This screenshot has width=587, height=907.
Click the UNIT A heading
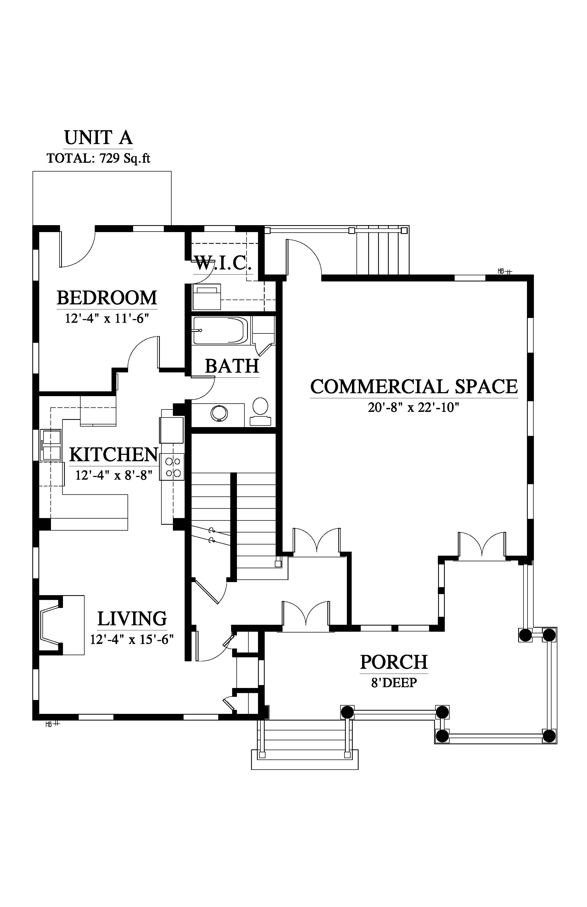[98, 138]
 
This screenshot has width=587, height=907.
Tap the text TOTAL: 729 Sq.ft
[98, 158]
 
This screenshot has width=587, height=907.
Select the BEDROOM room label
[107, 298]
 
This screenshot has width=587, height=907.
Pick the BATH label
[232, 366]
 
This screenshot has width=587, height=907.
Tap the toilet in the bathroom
[261, 412]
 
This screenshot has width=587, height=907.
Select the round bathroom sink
[220, 413]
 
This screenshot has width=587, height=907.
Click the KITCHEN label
[114, 455]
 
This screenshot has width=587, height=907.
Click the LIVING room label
[132, 619]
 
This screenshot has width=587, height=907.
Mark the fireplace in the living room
[61, 625]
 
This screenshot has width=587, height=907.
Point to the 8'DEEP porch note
[394, 683]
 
